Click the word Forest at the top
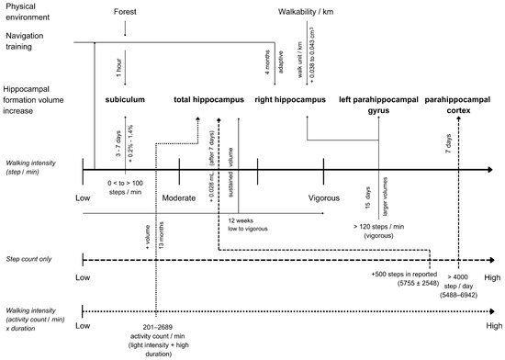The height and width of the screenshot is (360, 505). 125,12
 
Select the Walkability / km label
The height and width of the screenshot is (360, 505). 310,12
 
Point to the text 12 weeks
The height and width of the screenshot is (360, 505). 240,221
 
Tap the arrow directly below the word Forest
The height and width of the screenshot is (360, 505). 125,30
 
